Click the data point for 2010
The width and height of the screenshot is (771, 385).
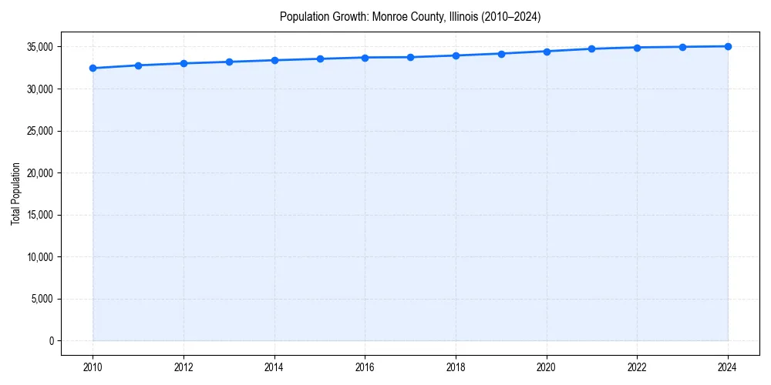point(93,69)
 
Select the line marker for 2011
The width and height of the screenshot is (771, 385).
point(138,65)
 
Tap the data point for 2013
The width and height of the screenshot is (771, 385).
point(229,62)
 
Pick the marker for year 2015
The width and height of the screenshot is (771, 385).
point(320,59)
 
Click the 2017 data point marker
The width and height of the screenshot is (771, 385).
point(410,57)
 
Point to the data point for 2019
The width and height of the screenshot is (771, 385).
point(501,54)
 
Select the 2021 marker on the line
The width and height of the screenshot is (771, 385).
point(591,49)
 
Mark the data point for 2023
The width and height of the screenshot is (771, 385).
point(682,47)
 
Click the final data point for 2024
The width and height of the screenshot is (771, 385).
point(728,46)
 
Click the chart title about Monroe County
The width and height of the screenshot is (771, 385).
point(410,17)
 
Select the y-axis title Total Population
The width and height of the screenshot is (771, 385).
point(15,193)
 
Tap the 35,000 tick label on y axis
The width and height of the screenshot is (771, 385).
point(39,47)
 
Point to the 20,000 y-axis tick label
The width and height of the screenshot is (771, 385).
point(39,173)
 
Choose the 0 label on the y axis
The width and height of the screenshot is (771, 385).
point(50,341)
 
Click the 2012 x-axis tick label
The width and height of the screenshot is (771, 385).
point(183,367)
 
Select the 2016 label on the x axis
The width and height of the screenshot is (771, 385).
point(365,367)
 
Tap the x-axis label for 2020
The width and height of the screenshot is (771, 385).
point(547,367)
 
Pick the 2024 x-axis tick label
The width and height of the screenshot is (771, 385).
point(728,367)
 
